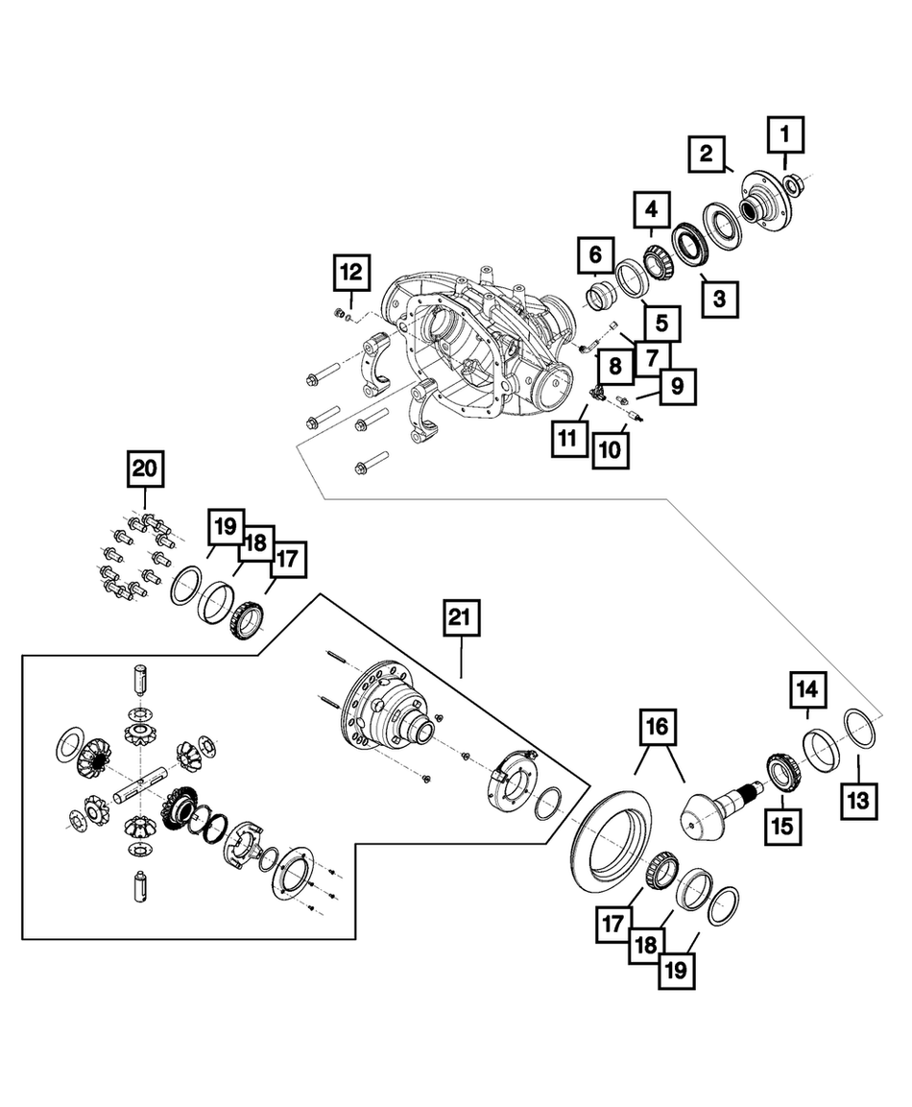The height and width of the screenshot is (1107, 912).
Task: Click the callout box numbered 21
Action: point(461,620)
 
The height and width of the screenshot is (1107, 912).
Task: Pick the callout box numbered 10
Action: point(611,447)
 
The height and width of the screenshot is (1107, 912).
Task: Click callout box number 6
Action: point(595,256)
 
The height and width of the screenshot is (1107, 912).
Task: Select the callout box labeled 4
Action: point(651,210)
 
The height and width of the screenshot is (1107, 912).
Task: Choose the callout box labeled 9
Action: point(677,387)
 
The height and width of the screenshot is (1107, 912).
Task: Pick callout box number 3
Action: point(719,298)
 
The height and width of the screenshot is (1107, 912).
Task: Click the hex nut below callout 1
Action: point(794,183)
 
